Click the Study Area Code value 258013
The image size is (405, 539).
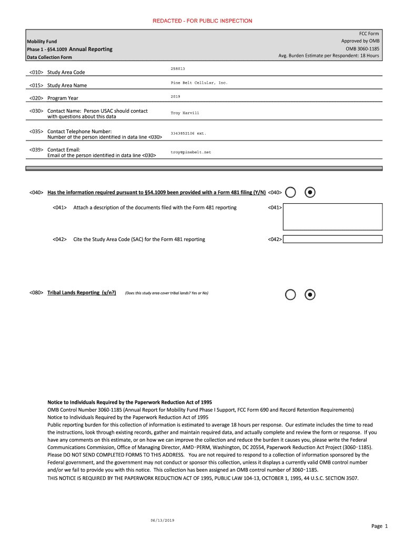click(178, 69)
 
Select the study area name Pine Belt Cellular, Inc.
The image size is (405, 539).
click(199, 83)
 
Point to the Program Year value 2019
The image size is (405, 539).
click(176, 96)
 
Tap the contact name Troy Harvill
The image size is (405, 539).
click(185, 113)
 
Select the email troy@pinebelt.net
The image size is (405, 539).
click(190, 152)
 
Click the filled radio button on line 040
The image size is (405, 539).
click(311, 193)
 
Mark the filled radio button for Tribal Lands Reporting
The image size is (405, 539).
click(311, 294)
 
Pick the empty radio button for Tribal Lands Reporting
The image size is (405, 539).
click(290, 294)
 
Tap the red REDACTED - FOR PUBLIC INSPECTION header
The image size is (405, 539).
click(202, 21)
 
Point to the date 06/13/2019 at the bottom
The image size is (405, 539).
click(162, 520)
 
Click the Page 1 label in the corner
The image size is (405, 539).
click(379, 526)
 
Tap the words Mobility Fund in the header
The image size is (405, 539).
click(42, 41)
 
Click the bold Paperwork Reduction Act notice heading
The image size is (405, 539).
click(130, 402)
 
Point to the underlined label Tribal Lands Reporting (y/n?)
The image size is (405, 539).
click(82, 293)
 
